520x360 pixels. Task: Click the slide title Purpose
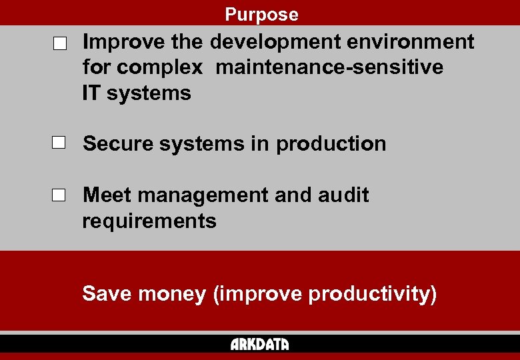point(261,14)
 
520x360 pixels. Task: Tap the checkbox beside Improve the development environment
point(60,45)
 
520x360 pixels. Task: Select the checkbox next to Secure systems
point(60,143)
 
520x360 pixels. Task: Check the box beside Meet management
point(60,195)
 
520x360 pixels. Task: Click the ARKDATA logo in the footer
point(260,344)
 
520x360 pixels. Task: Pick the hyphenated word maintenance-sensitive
point(329,68)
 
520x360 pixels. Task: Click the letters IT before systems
point(91,93)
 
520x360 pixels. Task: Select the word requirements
point(149,221)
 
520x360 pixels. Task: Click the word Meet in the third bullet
point(107,195)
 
